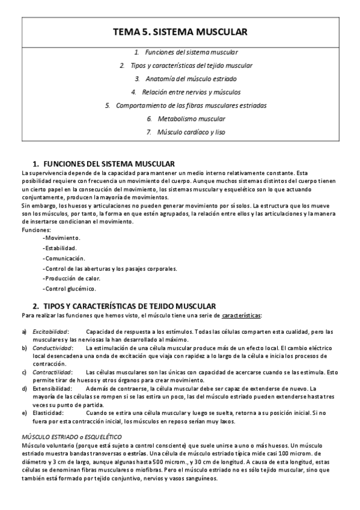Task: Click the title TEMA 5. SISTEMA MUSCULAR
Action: click(180, 32)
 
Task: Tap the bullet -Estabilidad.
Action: click(60, 248)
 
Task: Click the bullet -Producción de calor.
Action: click(72, 278)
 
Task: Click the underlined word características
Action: click(241, 315)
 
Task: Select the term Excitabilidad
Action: click(50, 331)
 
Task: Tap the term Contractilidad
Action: click(52, 372)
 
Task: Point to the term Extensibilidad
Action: click(50, 389)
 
